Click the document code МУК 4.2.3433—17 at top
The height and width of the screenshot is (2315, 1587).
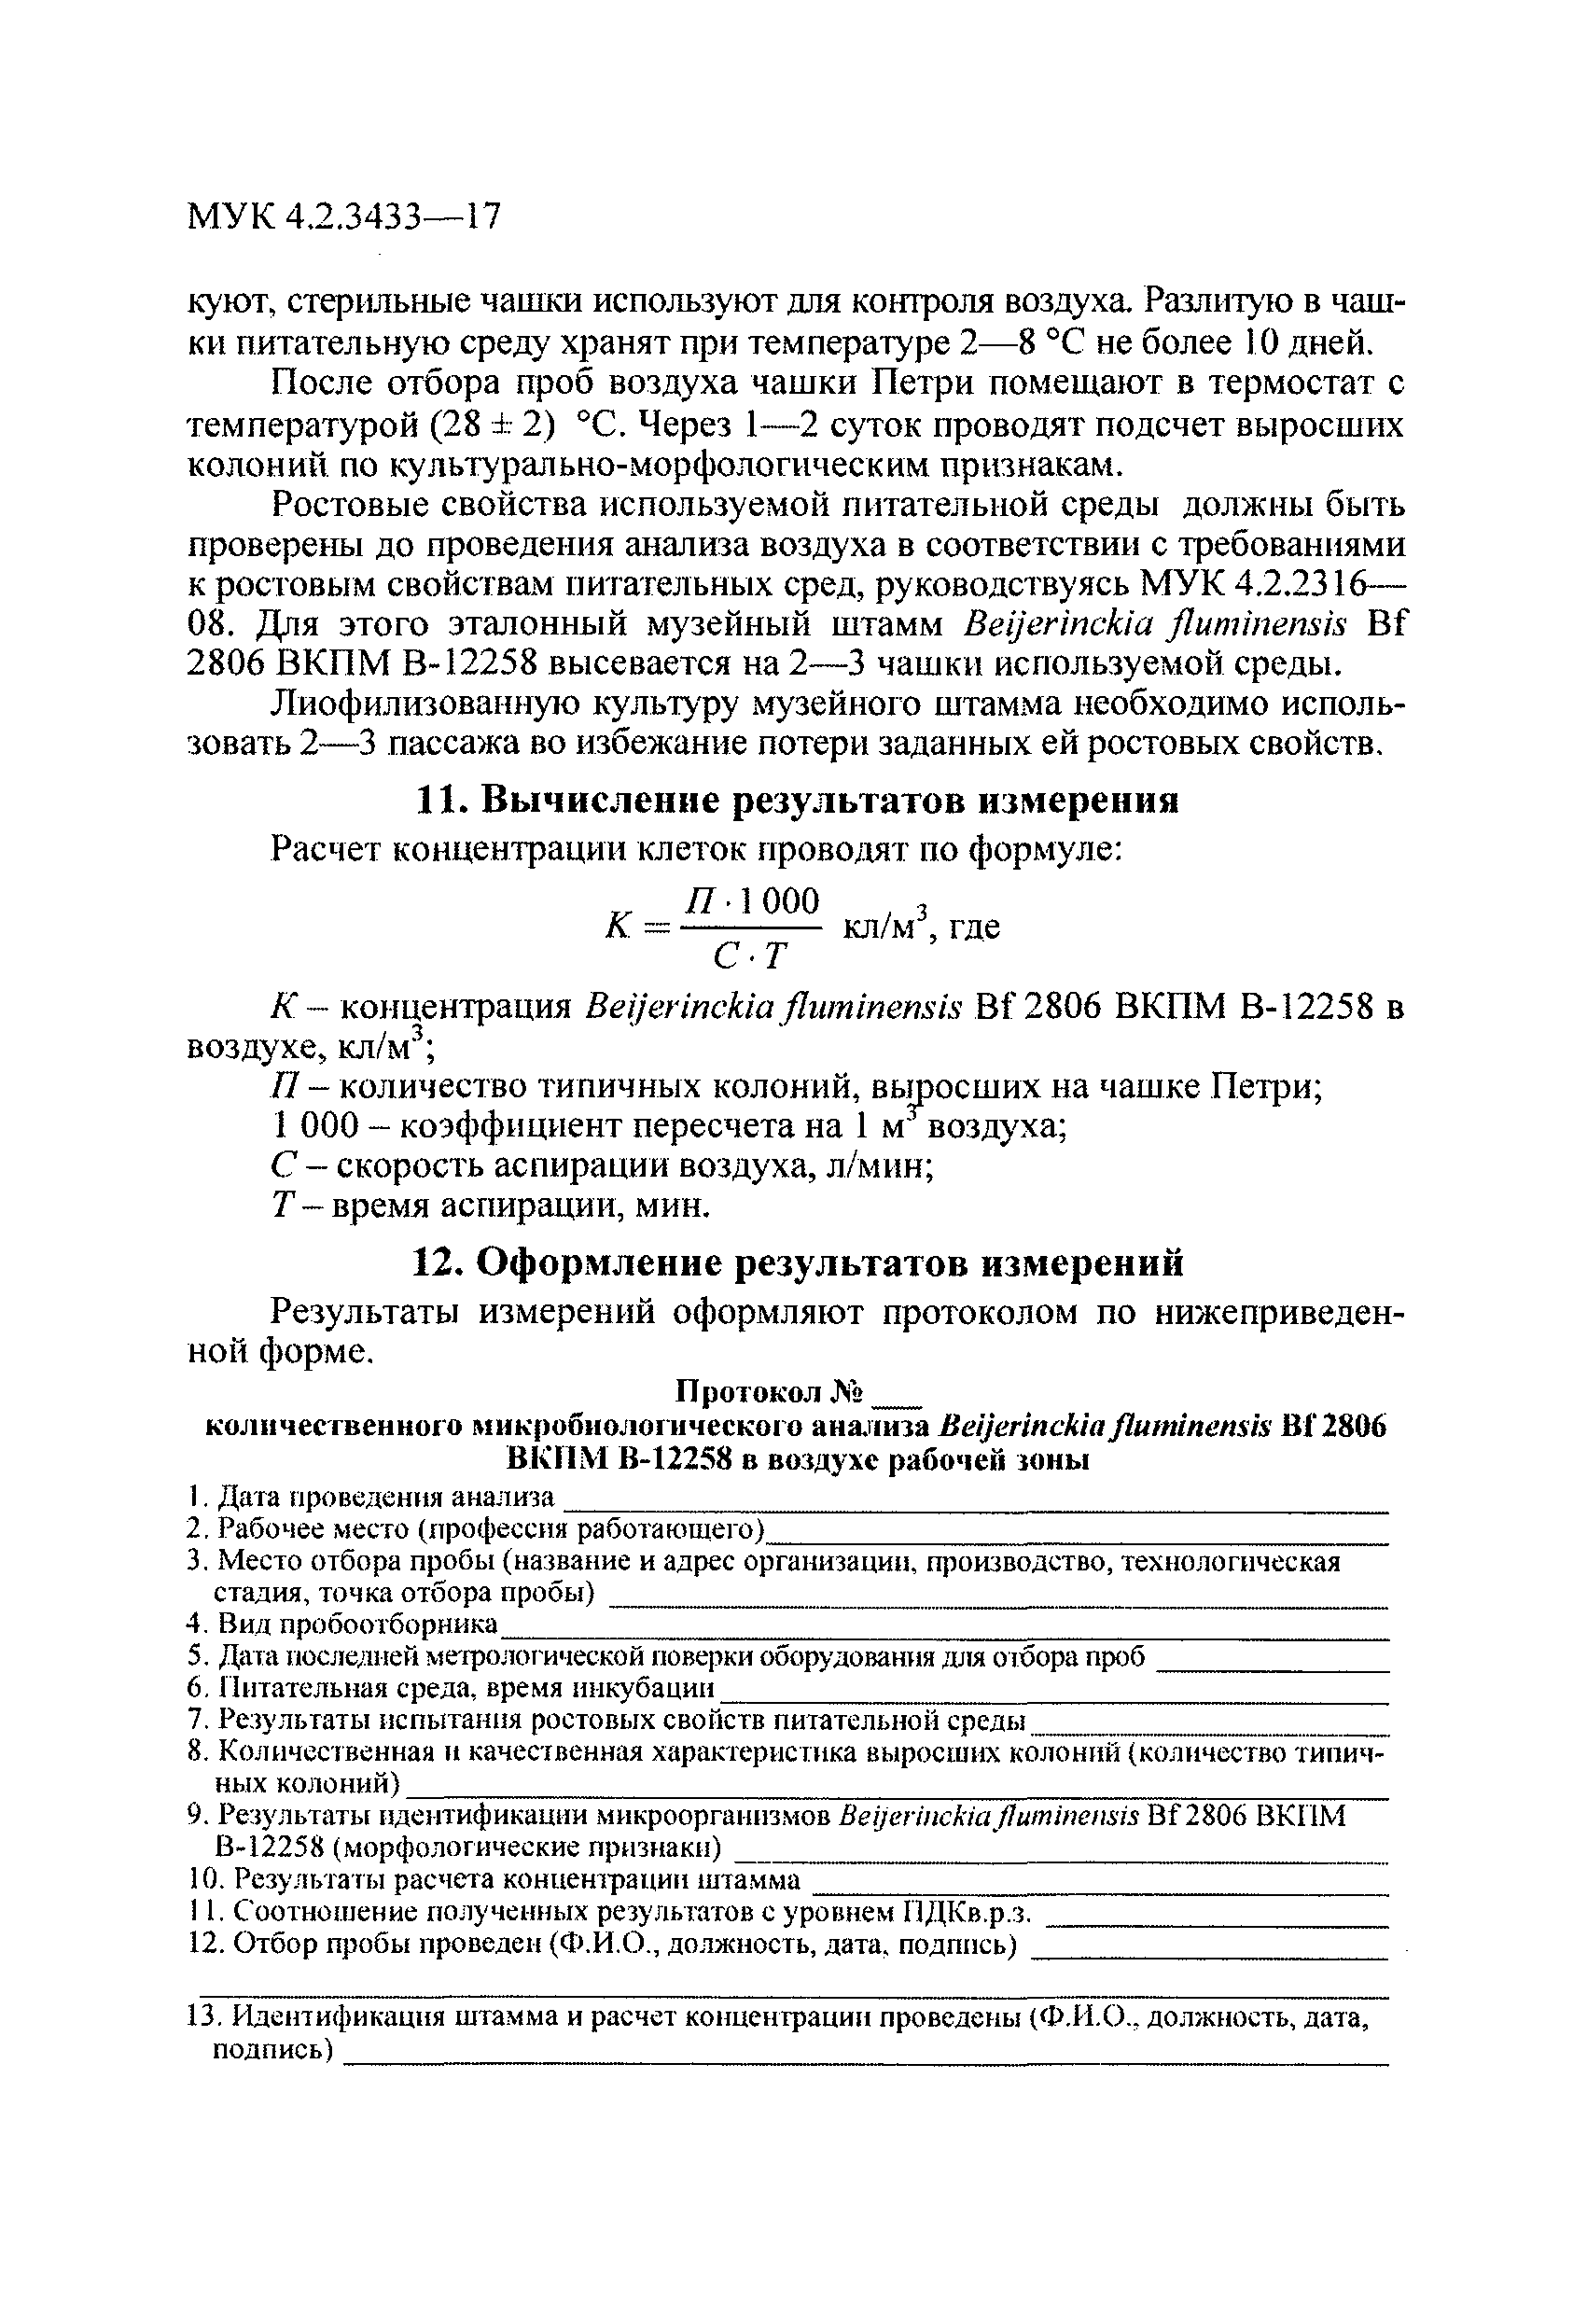pos(343,216)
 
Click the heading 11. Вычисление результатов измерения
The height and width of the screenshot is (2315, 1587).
pos(795,801)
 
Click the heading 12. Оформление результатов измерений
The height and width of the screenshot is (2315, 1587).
pos(797,1262)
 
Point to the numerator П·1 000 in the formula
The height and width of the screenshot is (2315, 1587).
pos(752,901)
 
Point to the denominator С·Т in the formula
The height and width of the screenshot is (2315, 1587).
pos(750,957)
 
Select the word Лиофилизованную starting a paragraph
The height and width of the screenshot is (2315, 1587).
pos(425,704)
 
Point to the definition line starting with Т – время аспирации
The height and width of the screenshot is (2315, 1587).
pos(491,1206)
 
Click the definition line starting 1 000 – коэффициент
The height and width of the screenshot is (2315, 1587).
pos(668,1126)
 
